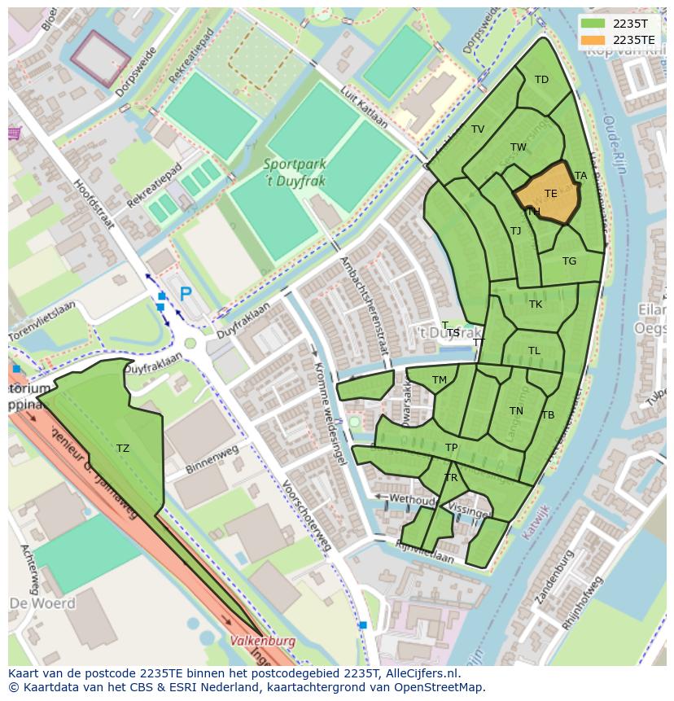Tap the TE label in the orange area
(551, 194)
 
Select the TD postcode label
(541, 80)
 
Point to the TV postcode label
(478, 129)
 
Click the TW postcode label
(518, 147)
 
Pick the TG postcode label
(569, 261)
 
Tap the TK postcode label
(535, 304)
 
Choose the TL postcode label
(534, 351)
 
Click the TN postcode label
(516, 411)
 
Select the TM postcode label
(440, 380)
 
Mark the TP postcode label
(452, 448)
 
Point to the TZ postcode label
(122, 449)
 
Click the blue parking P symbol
(186, 294)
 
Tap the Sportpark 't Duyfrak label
(294, 172)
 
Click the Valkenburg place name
(262, 641)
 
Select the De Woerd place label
(42, 603)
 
